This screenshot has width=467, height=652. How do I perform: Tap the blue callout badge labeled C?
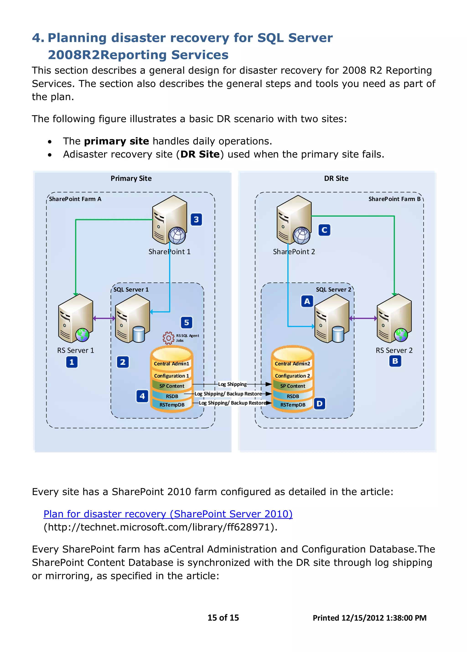pos(324,230)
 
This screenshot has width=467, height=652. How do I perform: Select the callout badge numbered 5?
pos(187,323)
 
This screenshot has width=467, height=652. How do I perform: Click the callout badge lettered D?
pos(319,404)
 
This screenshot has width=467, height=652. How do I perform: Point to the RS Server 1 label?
pos(75,350)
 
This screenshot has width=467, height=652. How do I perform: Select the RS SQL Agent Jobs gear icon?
pos(169,338)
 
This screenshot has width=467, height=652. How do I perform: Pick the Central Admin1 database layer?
pos(171,364)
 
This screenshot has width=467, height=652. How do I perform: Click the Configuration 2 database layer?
pos(292,376)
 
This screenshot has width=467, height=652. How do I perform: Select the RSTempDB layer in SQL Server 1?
pos(172,405)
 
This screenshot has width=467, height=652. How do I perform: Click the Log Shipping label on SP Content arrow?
pos(232,384)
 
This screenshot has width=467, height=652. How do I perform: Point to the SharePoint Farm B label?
pos(394,199)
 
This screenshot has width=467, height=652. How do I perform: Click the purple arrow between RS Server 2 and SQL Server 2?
pos(363,318)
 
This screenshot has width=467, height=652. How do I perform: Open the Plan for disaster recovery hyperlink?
pos(168,514)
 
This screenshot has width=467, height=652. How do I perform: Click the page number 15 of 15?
pos(223,618)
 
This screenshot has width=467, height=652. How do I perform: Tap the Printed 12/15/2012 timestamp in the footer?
pos(369,618)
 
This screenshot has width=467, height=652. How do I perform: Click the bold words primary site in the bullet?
pos(116,141)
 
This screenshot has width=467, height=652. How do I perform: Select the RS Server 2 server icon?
pos(394,318)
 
